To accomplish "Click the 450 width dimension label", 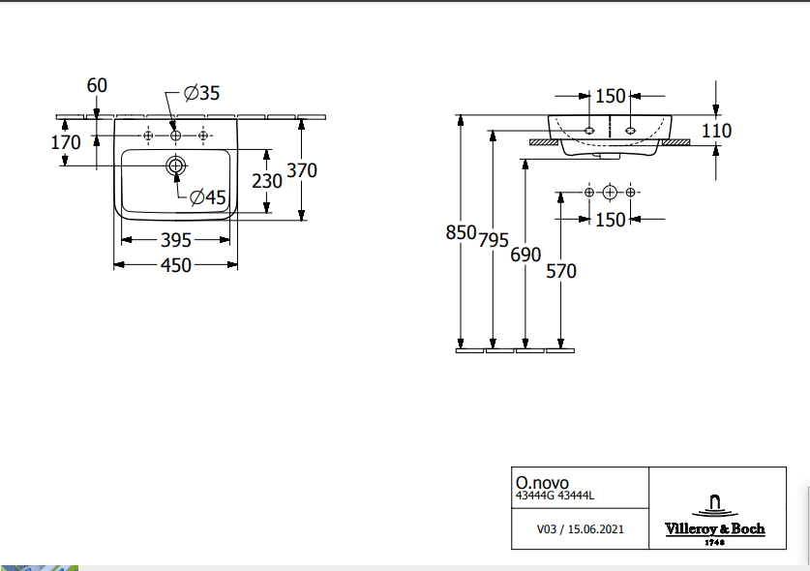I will pos(175,264).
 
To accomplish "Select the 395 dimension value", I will pos(175,240).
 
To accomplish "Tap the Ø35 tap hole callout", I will pos(202,93).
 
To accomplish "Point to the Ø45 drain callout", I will pos(207,197).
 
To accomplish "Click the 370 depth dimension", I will pos(302,170).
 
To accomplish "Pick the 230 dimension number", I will pos(267,180).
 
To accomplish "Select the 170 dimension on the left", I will pos(67,142).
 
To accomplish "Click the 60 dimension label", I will pos(97,85).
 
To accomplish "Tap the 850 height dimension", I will pos(461,232).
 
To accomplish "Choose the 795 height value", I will pos(494,241).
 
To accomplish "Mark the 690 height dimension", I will pos(525,255).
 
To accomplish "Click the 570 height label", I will pos(560,271).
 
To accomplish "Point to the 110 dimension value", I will pos(717,131).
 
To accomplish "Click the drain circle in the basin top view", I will pos(175,165).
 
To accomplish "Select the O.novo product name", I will pos(542,482).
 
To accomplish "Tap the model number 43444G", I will pos(534,496).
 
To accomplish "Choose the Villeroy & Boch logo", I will pos(715,518).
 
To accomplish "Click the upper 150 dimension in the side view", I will pos(610,96).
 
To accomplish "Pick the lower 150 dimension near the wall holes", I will pos(610,220).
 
